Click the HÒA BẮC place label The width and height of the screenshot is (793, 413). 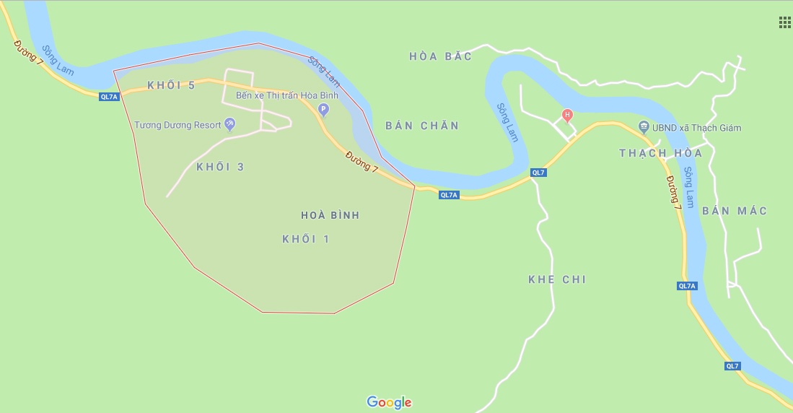pos(440,56)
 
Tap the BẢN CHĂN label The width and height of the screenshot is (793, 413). pos(422,126)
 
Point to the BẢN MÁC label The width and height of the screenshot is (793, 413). pos(734,211)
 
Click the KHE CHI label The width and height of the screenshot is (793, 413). pos(557,279)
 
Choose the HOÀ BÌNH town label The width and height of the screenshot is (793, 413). pos(330,215)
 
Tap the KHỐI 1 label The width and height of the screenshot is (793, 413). pos(305,239)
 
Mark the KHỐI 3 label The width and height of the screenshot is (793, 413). pos(220,167)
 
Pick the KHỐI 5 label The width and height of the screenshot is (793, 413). pos(171,85)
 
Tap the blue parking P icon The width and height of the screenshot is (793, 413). pos(323,110)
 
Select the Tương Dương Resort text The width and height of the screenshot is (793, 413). pos(178,125)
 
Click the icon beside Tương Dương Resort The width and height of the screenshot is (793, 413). pos(230,124)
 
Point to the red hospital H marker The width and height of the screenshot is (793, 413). pos(567,115)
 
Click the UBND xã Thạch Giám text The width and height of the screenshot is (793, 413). pos(696,129)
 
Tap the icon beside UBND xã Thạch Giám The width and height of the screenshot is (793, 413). pos(644,128)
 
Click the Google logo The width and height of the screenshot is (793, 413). pos(389,402)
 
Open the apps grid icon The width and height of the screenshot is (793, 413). pos(784,22)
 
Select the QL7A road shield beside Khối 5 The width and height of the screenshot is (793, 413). pos(109,97)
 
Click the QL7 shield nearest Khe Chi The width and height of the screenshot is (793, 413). pos(538,173)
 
